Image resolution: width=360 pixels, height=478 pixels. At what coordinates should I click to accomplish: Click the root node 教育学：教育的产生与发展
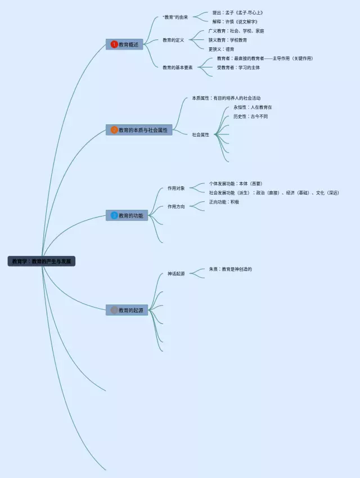pos(42,261)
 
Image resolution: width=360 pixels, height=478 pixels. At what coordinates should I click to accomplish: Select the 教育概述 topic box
pos(124,44)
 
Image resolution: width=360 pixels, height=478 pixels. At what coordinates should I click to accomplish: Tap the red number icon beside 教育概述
pos(114,44)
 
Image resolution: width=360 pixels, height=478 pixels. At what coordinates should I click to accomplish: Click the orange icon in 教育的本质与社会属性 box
pos(114,130)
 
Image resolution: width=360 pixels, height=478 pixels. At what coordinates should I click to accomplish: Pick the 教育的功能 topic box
pos(127,215)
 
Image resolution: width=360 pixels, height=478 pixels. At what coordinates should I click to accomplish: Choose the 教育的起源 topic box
pos(127,310)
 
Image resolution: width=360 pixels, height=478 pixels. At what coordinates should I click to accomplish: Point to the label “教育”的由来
pos(175,17)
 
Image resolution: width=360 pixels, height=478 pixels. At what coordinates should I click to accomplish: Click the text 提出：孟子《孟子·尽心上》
pos(238,12)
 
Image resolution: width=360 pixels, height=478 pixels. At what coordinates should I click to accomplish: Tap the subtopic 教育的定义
pos(173,40)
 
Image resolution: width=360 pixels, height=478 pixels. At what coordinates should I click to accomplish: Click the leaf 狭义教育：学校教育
pos(228,40)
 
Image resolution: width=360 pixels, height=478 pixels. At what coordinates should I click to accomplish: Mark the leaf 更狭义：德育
pos(222,49)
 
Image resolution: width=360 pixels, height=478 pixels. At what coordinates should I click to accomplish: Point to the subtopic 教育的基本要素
pos(178,67)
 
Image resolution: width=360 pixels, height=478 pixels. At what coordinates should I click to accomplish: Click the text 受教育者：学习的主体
pos(238,67)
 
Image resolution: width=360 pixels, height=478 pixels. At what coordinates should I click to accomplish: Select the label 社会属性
pos(200,134)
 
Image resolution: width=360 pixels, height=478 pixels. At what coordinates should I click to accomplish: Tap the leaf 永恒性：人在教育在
pos(253,107)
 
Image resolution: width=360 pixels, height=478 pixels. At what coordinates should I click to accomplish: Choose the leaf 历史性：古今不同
pos(251,116)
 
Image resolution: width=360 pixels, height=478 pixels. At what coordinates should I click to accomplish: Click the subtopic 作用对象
pos(176,188)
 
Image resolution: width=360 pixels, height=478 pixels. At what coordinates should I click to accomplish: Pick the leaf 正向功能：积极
pos(224,202)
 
